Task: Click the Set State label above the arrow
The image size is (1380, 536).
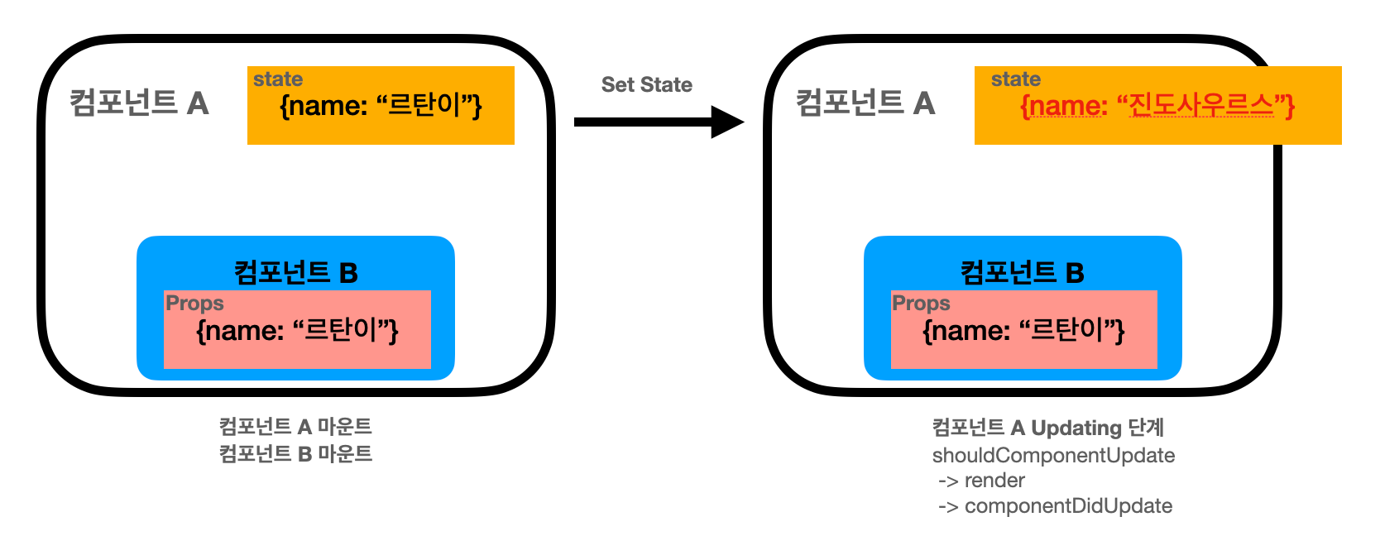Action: click(x=646, y=84)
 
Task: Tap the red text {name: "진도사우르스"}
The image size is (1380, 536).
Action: click(x=1157, y=106)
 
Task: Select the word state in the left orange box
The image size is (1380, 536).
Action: click(x=278, y=79)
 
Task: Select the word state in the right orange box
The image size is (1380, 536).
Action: click(x=1016, y=79)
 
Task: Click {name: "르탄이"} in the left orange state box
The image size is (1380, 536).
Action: click(x=381, y=106)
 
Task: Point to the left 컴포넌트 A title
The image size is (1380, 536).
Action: click(x=139, y=103)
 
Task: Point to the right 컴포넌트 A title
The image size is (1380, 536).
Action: click(x=865, y=103)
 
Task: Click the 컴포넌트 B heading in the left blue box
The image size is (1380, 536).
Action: click(x=295, y=272)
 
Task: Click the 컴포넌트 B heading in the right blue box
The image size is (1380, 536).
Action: click(x=1022, y=272)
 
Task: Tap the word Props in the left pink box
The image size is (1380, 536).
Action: click(x=194, y=304)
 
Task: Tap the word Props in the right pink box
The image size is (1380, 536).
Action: click(x=921, y=304)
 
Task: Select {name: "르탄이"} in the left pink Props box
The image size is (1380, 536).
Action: click(x=297, y=331)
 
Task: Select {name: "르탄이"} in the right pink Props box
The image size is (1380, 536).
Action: click(x=1023, y=331)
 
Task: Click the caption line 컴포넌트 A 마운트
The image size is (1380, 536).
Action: click(x=295, y=427)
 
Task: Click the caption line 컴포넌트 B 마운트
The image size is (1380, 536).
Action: click(x=295, y=453)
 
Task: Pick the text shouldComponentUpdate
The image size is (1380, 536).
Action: click(x=1053, y=456)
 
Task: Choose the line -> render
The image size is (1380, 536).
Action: click(x=981, y=481)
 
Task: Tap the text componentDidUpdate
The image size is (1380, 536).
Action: click(x=1068, y=506)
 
